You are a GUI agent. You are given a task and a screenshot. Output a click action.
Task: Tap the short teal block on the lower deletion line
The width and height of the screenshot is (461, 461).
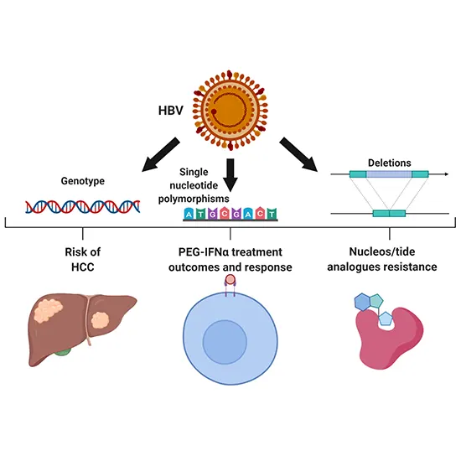pos(388,215)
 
